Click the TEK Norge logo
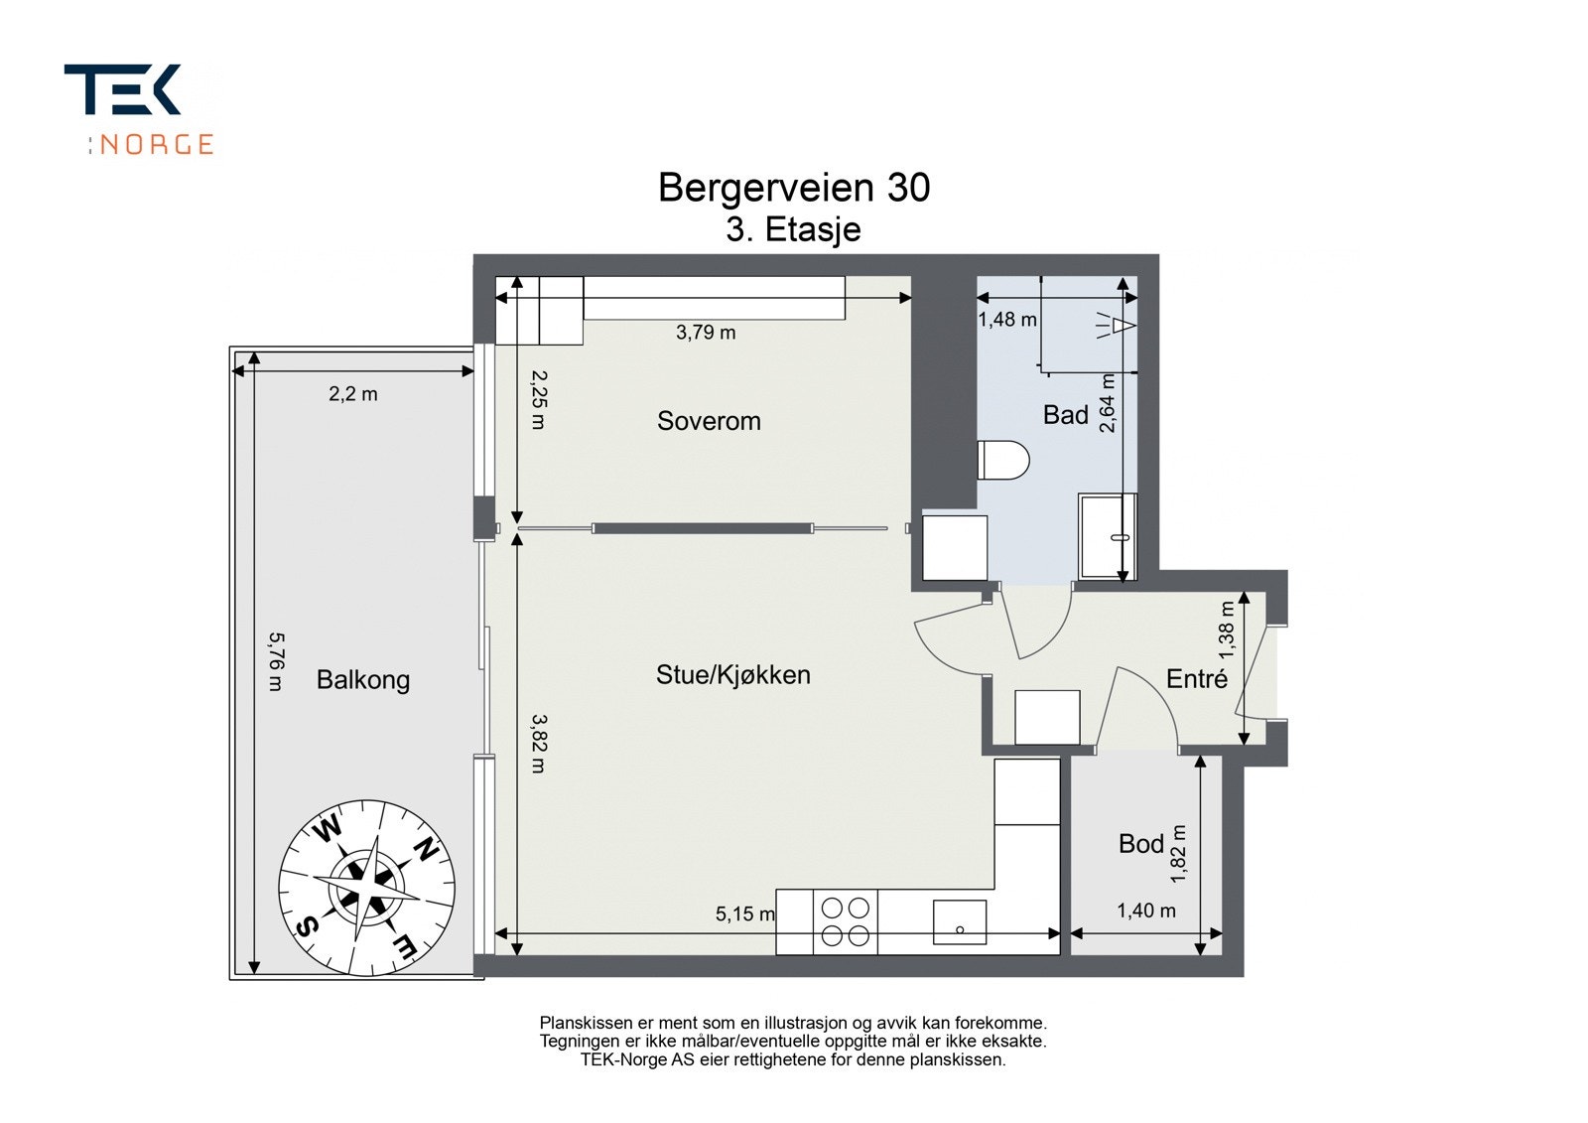pos(139,108)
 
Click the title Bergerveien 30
pos(794,188)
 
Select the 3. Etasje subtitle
pos(793,229)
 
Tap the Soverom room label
pos(709,421)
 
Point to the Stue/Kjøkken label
pos(732,675)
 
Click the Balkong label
pos(362,680)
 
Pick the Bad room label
pos(1065,415)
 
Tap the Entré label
pos(1196,679)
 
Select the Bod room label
pos(1140,844)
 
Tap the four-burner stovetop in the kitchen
pos(845,921)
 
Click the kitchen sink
pos(959,922)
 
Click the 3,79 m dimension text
pos(706,333)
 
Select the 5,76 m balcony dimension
pos(276,662)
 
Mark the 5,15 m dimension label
pos(744,913)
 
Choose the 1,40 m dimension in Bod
pos(1145,911)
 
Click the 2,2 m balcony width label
pos(353,394)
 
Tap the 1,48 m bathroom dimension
pos(1006,320)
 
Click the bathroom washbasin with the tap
pos(1107,536)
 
